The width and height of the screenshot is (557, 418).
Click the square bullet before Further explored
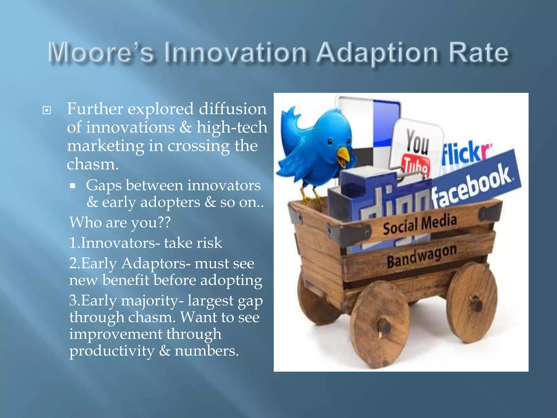pyautogui.click(x=47, y=110)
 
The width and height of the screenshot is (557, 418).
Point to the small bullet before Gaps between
pyautogui.click(x=72, y=186)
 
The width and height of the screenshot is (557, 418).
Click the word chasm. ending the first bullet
pyautogui.click(x=93, y=164)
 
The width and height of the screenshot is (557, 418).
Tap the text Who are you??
pyautogui.click(x=120, y=222)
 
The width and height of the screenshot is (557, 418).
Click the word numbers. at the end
pyautogui.click(x=207, y=351)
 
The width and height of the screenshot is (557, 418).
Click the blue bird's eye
pyautogui.click(x=330, y=142)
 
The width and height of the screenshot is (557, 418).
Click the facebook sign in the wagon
pyautogui.click(x=473, y=185)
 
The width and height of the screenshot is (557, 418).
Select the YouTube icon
pyautogui.click(x=416, y=152)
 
